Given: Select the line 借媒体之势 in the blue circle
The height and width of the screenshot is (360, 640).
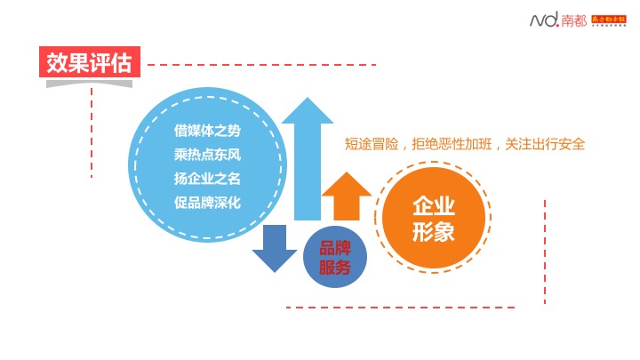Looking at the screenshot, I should click(x=207, y=130).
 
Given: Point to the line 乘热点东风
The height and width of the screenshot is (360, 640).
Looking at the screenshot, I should click(x=207, y=154).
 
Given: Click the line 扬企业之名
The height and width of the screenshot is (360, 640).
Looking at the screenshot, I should click(x=207, y=178).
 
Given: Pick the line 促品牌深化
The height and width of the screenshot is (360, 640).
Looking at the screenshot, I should click(x=207, y=202).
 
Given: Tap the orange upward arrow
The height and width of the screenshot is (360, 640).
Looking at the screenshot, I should click(x=346, y=196).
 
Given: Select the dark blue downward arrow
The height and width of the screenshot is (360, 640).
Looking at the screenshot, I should click(x=275, y=249).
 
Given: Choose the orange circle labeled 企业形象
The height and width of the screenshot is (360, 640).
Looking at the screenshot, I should click(x=434, y=220).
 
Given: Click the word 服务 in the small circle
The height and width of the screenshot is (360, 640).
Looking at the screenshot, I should click(x=334, y=268).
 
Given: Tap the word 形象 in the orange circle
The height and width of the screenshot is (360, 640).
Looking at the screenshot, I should click(x=434, y=233).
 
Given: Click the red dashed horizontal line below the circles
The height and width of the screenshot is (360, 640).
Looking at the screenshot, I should click(x=400, y=308).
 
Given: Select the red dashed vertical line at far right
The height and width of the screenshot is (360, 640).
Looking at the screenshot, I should click(x=544, y=249).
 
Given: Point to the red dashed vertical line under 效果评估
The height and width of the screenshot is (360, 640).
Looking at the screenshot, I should click(x=91, y=133).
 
